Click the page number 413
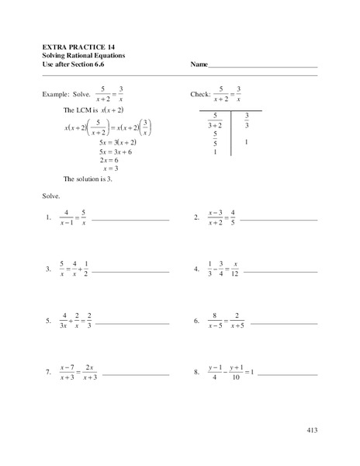[x=312, y=429]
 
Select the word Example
[x=60, y=93]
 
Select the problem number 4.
[x=197, y=270]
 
